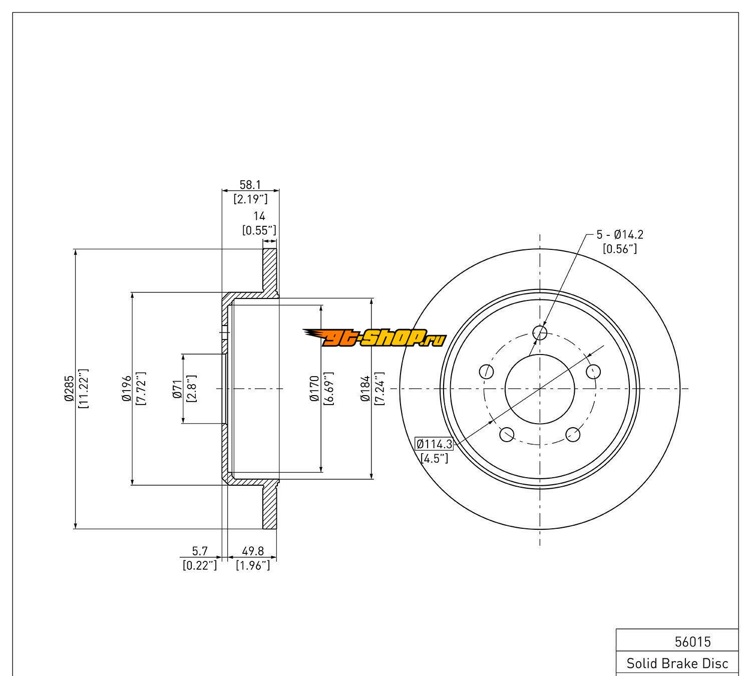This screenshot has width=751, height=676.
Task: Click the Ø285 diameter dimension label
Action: [69, 389]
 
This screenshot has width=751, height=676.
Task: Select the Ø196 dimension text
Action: [126, 389]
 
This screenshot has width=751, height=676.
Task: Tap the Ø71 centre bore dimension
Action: [177, 389]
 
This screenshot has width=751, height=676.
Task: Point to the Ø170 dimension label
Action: [314, 389]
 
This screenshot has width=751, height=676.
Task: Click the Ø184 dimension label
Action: [365, 389]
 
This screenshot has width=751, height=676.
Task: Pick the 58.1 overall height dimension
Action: [250, 185]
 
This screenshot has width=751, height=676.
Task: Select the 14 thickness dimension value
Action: [259, 216]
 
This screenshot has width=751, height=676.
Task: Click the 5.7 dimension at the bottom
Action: [200, 551]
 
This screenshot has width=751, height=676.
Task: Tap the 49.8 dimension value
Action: [253, 551]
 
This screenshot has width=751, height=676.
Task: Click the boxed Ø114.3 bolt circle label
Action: [434, 444]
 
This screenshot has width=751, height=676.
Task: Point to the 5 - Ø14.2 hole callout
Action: [619, 234]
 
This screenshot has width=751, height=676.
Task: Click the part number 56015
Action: [693, 641]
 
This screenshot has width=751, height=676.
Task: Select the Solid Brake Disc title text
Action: [677, 664]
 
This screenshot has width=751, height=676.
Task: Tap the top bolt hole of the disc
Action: [540, 332]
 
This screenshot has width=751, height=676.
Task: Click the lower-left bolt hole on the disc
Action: [507, 434]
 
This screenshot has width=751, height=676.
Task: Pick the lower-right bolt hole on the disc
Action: [573, 434]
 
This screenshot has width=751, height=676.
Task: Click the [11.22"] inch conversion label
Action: [84, 389]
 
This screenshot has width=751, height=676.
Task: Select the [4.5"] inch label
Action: [434, 458]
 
